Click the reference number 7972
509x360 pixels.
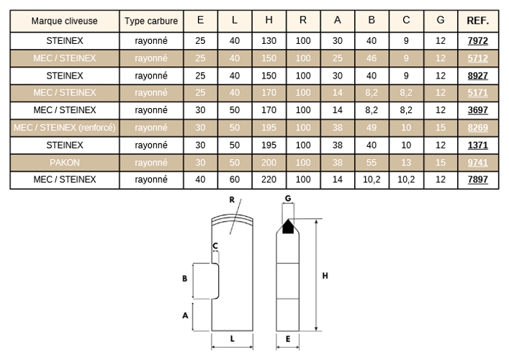pos(477,41)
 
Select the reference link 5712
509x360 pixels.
pos(477,58)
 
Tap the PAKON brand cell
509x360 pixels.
pos(65,163)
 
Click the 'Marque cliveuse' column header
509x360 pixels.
pos(64,21)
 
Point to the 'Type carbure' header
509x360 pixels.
pos(151,21)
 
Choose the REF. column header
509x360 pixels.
pos(478,21)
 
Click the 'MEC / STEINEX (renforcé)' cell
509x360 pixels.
pos(65,127)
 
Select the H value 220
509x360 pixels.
pos(269,179)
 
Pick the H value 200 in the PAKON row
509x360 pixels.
pos(269,163)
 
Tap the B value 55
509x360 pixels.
pos(371,163)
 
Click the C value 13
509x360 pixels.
pos(406,163)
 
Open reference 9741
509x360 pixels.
pos(477,163)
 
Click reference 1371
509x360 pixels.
pos(477,145)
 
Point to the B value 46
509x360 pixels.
pos(371,58)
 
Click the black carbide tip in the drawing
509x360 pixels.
pos(288,227)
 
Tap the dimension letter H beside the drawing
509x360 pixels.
pos(325,276)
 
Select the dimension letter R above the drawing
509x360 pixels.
pos(232,199)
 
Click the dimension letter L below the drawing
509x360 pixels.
pos(233,339)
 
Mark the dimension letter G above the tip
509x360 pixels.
pos(288,198)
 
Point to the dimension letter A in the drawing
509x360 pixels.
pos(185,315)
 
